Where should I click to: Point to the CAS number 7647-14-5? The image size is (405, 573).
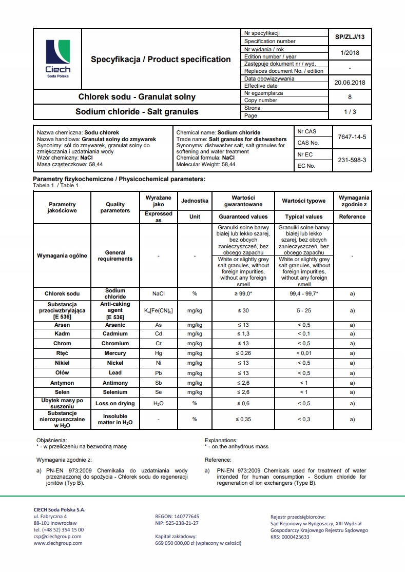pos(352,137)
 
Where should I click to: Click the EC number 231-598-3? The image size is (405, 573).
pos(352,160)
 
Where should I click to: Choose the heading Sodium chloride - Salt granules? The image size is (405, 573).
pos(137,111)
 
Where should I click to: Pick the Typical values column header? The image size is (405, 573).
pos(304,216)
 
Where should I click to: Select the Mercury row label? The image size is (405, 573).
pos(115,353)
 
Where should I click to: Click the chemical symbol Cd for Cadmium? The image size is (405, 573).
pos(159,334)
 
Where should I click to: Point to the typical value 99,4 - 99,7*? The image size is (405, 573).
pos(304,293)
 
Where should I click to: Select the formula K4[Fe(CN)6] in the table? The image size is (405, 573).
pos(159,311)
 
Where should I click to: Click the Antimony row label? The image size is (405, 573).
pos(115,383)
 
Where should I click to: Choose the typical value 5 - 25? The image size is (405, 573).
pos(304,311)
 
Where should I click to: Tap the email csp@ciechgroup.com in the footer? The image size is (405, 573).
pos(57,537)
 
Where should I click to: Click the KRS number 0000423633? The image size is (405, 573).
pos(290,537)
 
